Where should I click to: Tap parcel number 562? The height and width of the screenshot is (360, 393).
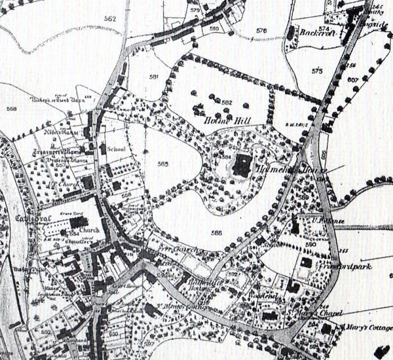(x=109, y=19)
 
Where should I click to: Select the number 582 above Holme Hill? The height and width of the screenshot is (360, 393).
(x=227, y=103)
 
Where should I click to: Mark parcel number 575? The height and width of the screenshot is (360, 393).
(x=318, y=71)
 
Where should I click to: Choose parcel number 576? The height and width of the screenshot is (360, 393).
(x=262, y=31)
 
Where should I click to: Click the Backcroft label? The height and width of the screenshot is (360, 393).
(x=317, y=32)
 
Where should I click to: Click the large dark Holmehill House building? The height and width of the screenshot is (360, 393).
(x=243, y=165)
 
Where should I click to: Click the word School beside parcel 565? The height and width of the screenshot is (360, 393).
(x=105, y=149)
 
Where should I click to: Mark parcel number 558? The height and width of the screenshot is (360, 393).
(x=11, y=109)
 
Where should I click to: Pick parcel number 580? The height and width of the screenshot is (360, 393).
(x=214, y=29)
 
